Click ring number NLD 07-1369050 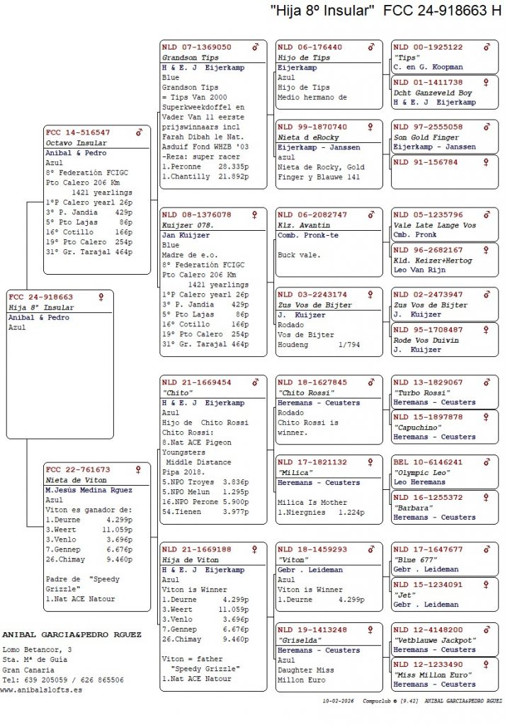[196, 47]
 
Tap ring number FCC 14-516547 [78, 132]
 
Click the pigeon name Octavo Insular [77, 143]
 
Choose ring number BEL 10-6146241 [428, 462]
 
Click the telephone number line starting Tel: [63, 680]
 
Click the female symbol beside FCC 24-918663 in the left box [101, 297]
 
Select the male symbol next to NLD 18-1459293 [370, 549]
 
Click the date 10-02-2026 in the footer [338, 700]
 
